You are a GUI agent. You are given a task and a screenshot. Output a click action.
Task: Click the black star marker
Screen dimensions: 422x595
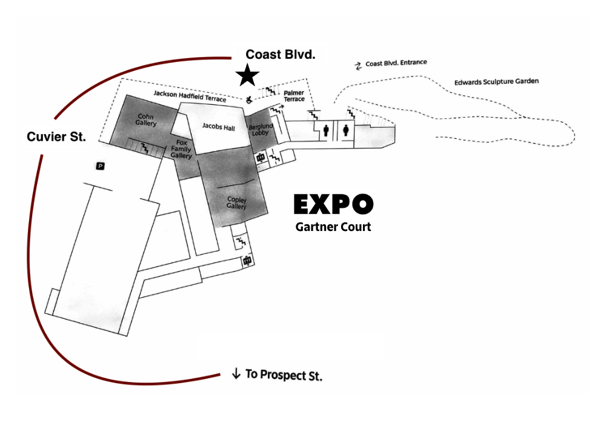click(x=247, y=76)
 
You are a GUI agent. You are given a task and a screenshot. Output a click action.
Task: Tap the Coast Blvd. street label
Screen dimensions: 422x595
click(x=280, y=55)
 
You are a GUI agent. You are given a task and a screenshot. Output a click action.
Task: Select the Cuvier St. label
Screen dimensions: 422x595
click(x=56, y=137)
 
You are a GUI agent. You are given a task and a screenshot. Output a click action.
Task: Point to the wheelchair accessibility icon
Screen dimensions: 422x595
click(x=248, y=99)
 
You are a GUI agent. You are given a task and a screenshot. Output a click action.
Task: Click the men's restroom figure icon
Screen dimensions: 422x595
click(x=327, y=130)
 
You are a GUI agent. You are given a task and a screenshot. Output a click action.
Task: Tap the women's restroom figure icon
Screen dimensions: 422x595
click(x=346, y=130)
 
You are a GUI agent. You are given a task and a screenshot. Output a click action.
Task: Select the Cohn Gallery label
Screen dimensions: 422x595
click(x=146, y=119)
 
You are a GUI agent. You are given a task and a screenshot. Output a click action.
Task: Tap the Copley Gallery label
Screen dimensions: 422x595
click(x=236, y=203)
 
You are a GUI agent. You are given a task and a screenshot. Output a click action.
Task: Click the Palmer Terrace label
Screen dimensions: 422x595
click(x=294, y=96)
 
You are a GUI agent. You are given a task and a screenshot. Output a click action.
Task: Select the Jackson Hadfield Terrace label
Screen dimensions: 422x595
click(x=190, y=95)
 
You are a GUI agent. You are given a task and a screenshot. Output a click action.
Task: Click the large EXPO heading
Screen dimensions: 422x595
click(x=333, y=205)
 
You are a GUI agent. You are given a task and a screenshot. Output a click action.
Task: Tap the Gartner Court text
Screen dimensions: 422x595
click(x=333, y=227)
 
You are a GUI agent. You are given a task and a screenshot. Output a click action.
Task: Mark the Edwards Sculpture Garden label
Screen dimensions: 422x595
click(x=496, y=81)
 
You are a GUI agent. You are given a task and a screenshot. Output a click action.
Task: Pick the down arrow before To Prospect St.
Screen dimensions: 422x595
click(x=236, y=373)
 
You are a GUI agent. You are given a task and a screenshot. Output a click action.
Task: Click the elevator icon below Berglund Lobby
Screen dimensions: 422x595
click(x=261, y=158)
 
